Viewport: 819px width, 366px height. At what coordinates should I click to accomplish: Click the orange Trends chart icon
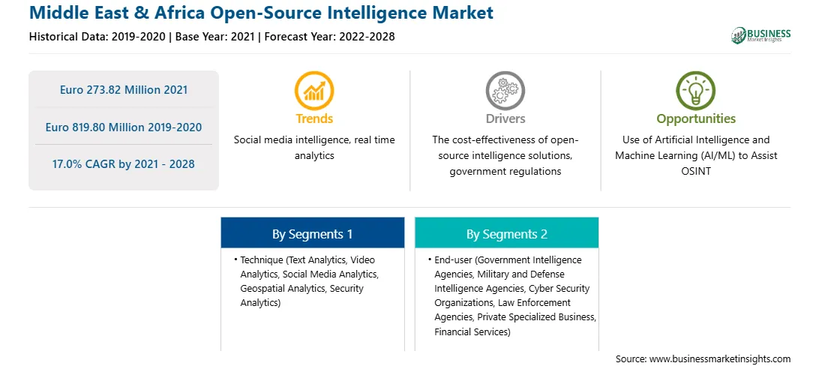314,90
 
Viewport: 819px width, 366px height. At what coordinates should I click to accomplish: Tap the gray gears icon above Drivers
505,90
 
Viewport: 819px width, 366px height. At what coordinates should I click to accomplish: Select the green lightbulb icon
696,90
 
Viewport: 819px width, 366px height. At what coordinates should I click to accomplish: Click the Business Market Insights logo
761,35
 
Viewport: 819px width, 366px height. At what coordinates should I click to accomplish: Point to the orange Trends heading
314,118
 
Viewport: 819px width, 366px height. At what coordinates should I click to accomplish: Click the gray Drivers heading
505,118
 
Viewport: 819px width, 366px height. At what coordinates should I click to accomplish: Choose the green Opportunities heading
696,119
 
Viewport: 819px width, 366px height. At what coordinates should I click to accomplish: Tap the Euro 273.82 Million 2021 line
124,90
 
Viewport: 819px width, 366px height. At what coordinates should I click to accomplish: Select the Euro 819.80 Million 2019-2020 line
124,127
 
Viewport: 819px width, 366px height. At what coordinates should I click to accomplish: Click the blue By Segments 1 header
312,235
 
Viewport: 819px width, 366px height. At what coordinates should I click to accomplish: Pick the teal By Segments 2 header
507,235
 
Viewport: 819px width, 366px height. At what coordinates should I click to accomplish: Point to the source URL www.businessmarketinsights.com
718,358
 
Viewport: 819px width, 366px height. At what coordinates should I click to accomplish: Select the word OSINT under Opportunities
696,171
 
